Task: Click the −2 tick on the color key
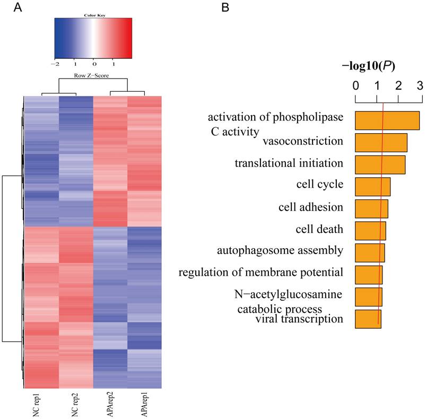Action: [56, 63]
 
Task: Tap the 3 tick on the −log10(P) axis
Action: [420, 85]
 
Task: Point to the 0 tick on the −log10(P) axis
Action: [355, 85]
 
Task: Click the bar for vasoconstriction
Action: [380, 143]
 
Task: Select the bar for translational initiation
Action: [380, 164]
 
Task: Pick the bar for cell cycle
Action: [372, 187]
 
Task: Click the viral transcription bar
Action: [368, 319]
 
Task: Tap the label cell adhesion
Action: [310, 207]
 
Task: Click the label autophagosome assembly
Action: [280, 250]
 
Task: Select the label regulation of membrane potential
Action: [260, 273]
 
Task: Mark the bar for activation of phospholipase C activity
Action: [387, 120]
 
